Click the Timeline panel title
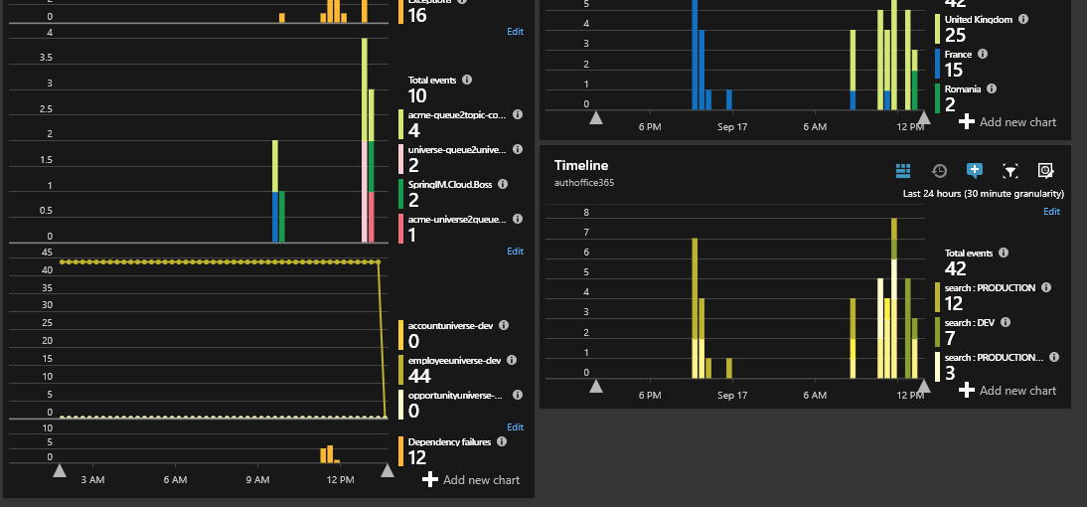click(x=581, y=165)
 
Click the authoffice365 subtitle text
click(x=584, y=183)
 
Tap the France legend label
click(x=958, y=54)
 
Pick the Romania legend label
click(x=963, y=88)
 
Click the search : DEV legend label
click(x=973, y=323)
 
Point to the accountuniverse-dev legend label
click(x=450, y=326)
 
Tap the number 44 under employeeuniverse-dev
click(x=419, y=376)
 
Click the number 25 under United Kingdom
click(x=956, y=35)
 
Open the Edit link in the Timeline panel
click(x=1051, y=212)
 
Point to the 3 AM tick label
click(x=92, y=480)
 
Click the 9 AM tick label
click(x=257, y=480)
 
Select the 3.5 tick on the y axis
click(x=45, y=58)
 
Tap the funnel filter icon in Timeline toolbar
click(x=1010, y=171)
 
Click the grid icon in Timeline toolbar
click(x=903, y=171)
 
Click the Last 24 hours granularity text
click(x=983, y=194)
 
